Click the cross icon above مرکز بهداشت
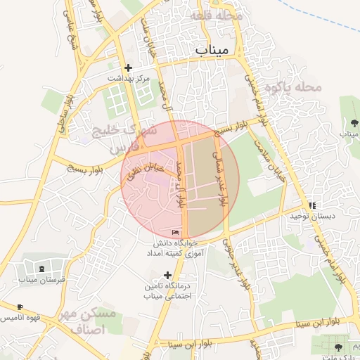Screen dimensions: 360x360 click(x=128, y=68)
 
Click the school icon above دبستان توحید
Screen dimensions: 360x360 click(x=312, y=205)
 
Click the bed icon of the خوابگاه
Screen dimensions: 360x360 click(x=175, y=233)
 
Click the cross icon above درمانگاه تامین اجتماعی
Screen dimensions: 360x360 click(x=167, y=275)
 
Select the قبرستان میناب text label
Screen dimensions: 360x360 click(x=42, y=279)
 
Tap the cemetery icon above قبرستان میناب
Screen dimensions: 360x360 click(x=42, y=269)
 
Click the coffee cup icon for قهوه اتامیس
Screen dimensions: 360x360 click(x=20, y=307)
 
